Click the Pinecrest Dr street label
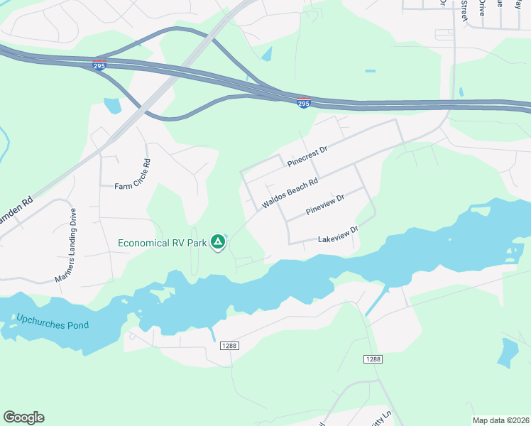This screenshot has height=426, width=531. coord(307,157)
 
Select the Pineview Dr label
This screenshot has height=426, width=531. coord(324,204)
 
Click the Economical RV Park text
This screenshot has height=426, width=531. coord(162,243)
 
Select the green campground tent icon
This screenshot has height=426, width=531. coord(219,243)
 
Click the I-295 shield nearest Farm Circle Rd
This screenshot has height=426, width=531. coord(99,65)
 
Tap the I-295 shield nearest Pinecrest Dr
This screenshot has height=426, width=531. coord(303,102)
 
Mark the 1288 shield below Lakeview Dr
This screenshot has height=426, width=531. coord(373,360)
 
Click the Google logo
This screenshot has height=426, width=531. coord(23,417)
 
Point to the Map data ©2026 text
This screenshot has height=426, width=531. coord(500,420)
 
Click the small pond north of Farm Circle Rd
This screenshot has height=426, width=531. coord(113,106)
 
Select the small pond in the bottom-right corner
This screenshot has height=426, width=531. coord(508,353)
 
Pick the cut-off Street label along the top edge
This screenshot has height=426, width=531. coord(464,10)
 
